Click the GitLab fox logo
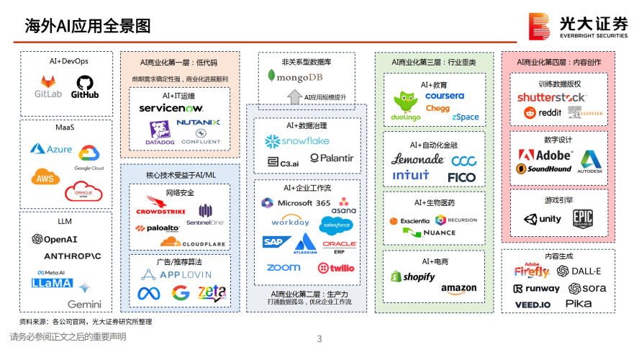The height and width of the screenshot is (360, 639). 48,82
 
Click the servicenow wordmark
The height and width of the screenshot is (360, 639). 171,108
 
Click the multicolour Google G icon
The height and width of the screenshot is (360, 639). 181,293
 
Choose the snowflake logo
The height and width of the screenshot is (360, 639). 296,140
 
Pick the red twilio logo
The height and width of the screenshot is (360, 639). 336,268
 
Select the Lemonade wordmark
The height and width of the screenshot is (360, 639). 417,159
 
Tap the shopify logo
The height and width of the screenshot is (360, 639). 413,276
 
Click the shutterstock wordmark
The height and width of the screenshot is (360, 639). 553,96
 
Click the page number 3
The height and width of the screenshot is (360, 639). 319,338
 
